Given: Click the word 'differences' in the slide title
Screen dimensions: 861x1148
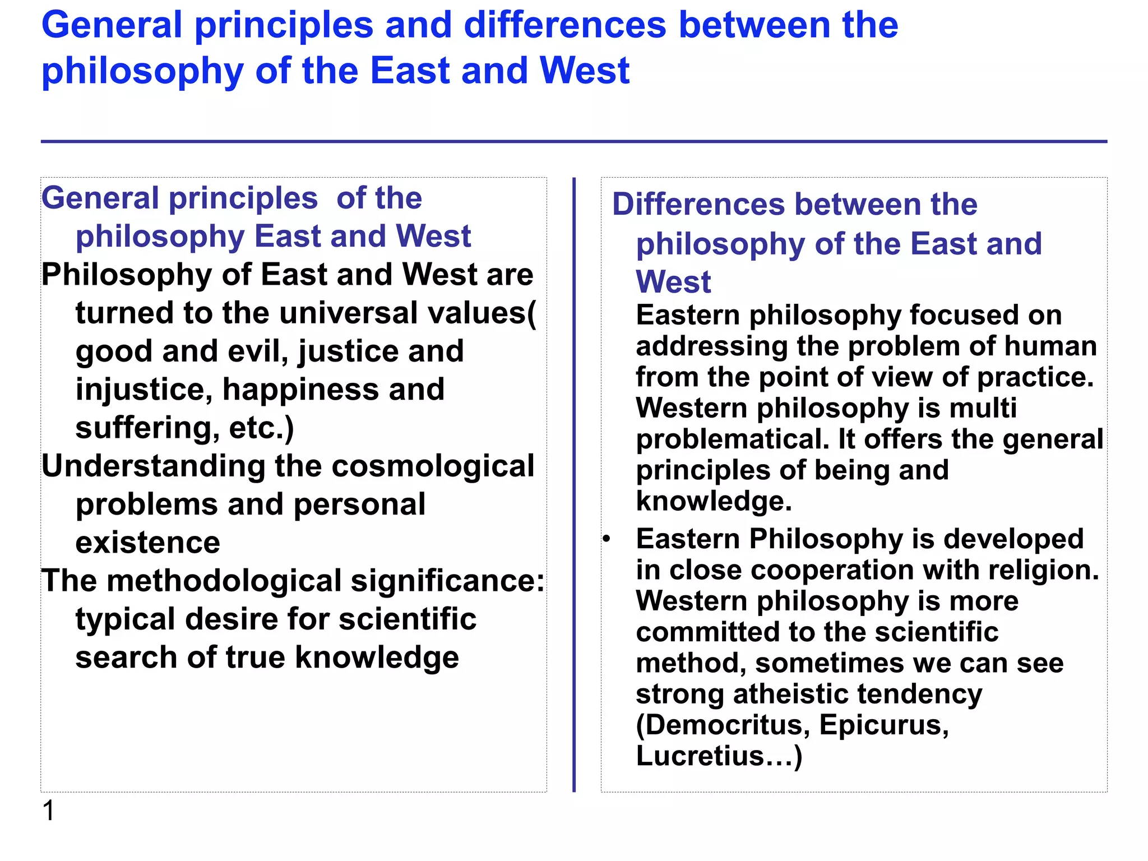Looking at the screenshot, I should click(565, 26).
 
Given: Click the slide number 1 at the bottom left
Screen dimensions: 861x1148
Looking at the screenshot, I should click(49, 811).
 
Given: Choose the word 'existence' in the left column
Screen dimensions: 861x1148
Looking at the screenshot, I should click(148, 543).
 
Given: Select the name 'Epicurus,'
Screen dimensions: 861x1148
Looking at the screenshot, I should click(884, 725).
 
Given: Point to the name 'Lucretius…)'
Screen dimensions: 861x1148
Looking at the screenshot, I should click(719, 756).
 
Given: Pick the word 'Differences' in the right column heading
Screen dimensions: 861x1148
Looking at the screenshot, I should click(699, 204).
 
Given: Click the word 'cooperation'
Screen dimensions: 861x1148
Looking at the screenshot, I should click(832, 571).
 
